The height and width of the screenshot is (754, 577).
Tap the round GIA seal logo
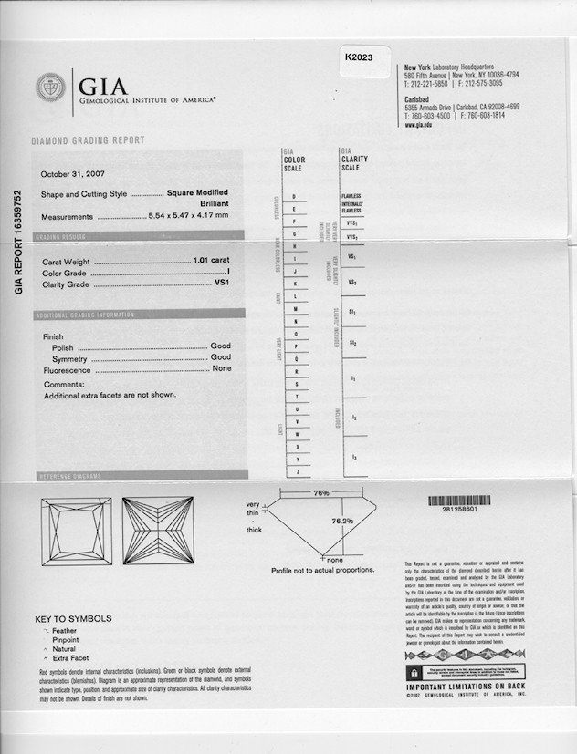50,88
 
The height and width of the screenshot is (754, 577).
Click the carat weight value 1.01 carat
212,261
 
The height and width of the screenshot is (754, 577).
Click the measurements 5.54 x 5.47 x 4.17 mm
188,216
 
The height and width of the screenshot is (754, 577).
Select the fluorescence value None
221,369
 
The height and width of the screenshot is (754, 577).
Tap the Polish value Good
221,346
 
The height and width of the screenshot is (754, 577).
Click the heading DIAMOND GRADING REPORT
88,141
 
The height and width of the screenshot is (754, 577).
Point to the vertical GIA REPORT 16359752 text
18,242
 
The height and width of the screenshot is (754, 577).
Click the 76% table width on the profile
320,493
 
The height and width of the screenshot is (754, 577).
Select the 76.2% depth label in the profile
342,522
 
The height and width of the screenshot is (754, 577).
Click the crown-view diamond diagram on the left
76,531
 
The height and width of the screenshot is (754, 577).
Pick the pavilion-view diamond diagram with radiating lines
157,531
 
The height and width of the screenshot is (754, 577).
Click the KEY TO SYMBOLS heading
73,618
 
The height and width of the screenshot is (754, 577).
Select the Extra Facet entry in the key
73,657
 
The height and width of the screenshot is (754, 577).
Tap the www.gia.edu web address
418,125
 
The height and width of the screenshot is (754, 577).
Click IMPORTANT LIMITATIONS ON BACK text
466,687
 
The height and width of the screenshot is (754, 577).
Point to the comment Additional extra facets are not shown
110,395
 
